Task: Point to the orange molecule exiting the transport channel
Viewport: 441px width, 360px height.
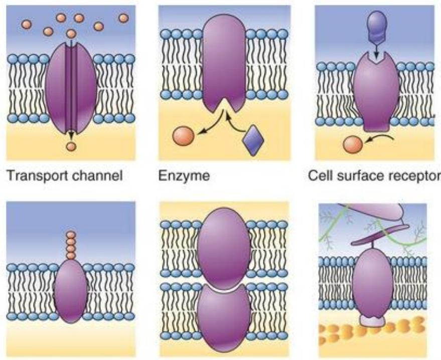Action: pyautogui.click(x=71, y=146)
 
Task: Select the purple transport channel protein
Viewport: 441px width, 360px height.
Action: pyautogui.click(x=70, y=88)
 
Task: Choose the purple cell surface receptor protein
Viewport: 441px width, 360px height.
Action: pyautogui.click(x=375, y=95)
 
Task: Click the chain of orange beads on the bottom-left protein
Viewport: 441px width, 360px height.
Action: pyautogui.click(x=71, y=245)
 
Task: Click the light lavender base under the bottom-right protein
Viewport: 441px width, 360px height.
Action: pyautogui.click(x=372, y=321)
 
